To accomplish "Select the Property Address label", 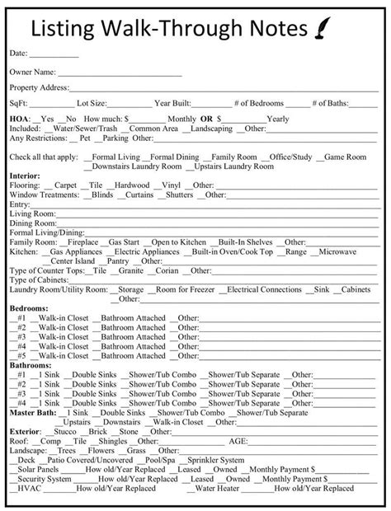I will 39,87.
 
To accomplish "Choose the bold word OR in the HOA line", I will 209,119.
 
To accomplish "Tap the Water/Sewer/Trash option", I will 89,129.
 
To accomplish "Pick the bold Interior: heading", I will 25,176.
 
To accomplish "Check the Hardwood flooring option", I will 132,185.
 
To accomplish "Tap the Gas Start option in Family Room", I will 126,242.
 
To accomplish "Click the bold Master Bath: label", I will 31,412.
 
